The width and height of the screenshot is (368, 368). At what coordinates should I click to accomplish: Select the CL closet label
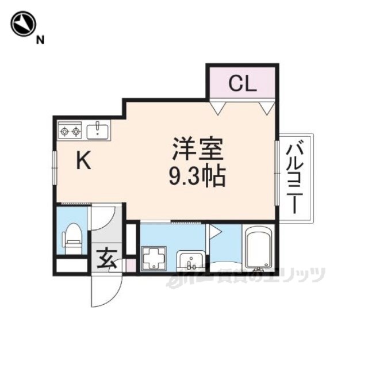tap(241, 84)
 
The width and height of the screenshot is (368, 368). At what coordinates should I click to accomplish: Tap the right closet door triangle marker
tap(266, 107)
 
